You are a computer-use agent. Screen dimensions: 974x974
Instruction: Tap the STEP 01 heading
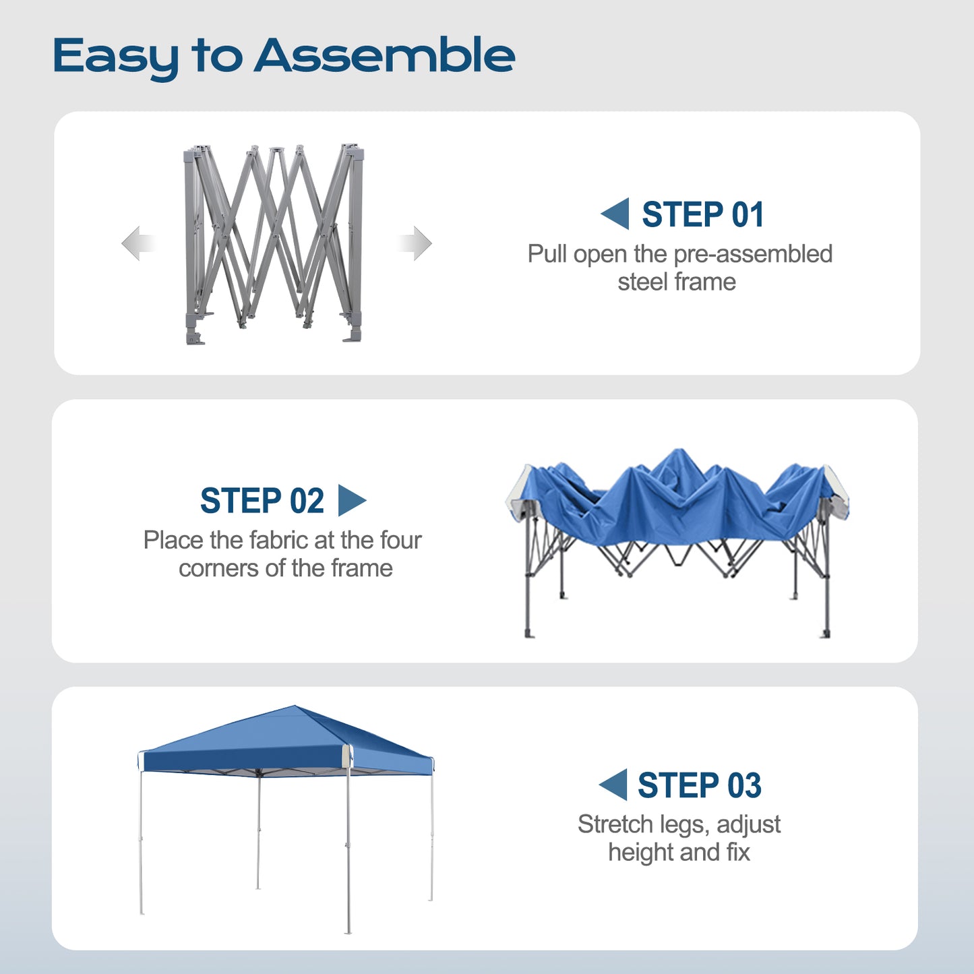click(703, 214)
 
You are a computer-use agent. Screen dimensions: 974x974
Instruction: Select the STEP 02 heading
click(262, 501)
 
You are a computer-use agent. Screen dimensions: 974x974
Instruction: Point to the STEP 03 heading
click(700, 785)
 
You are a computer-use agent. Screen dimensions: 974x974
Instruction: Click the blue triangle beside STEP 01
click(615, 214)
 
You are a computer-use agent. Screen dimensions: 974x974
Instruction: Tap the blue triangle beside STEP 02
click(351, 500)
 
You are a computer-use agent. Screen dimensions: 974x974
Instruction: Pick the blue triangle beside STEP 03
click(613, 785)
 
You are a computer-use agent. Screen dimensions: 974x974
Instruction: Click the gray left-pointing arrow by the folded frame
click(138, 243)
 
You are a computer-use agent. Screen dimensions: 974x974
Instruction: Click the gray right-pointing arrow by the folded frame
click(415, 243)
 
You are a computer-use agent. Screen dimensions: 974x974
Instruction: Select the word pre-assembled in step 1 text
click(753, 254)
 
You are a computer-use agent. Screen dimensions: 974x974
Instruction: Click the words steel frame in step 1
click(677, 282)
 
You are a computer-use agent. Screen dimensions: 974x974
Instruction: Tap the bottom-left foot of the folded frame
click(195, 337)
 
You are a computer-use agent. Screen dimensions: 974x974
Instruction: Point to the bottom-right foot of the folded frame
click(353, 334)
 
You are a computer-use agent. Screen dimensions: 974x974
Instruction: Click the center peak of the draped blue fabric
click(679, 453)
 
